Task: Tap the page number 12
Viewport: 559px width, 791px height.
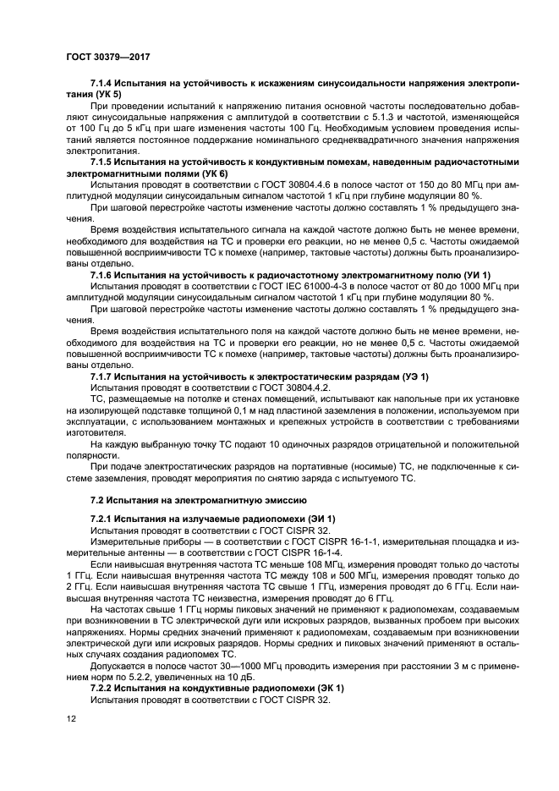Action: (72, 718)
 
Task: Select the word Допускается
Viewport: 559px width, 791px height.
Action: (118, 666)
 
